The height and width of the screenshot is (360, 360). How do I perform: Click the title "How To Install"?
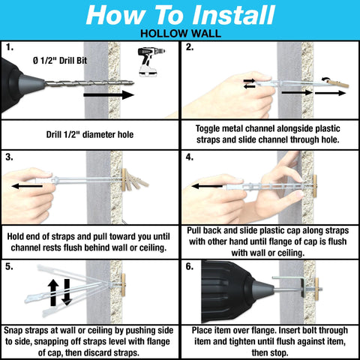tap(180, 15)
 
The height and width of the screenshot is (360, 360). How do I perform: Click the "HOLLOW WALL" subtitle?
tap(180, 34)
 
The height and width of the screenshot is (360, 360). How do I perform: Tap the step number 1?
tap(8, 46)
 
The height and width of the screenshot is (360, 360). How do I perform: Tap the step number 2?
tap(190, 46)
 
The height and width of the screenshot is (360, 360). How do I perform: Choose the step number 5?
tap(8, 266)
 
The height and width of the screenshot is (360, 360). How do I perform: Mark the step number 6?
tap(190, 266)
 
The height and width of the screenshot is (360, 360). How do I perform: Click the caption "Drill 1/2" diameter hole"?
tap(90, 135)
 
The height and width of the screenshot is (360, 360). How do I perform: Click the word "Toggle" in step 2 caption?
tap(211, 127)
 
